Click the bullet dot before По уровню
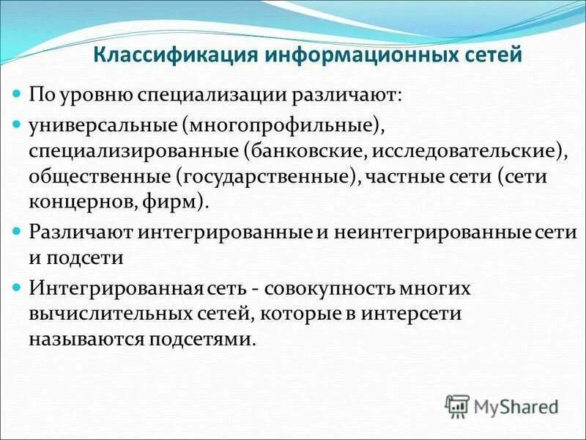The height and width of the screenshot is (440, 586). (18, 95)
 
